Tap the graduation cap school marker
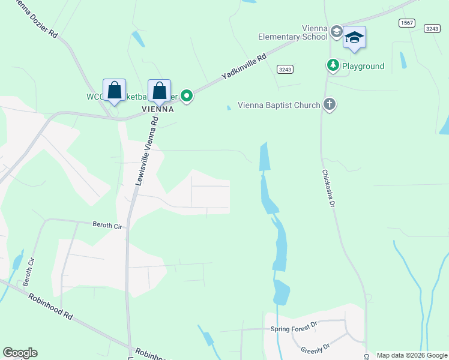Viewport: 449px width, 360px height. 354,38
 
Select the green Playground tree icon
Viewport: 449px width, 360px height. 333,64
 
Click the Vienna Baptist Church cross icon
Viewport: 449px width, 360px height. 329,105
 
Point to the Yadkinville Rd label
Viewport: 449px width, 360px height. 244,67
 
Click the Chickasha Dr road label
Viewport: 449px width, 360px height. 328,188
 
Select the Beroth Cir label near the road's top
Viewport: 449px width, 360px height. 107,225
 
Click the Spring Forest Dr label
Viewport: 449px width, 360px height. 293,328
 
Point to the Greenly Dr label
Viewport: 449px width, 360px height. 315,347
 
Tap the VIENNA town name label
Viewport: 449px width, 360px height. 158,109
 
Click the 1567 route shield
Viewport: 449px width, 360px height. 407,22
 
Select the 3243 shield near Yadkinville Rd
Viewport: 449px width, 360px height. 285,70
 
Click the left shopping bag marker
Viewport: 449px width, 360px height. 114,91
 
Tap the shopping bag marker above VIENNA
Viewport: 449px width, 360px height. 159,91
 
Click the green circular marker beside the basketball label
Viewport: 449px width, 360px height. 187,95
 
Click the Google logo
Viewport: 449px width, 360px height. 20,353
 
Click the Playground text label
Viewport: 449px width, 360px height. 364,66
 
